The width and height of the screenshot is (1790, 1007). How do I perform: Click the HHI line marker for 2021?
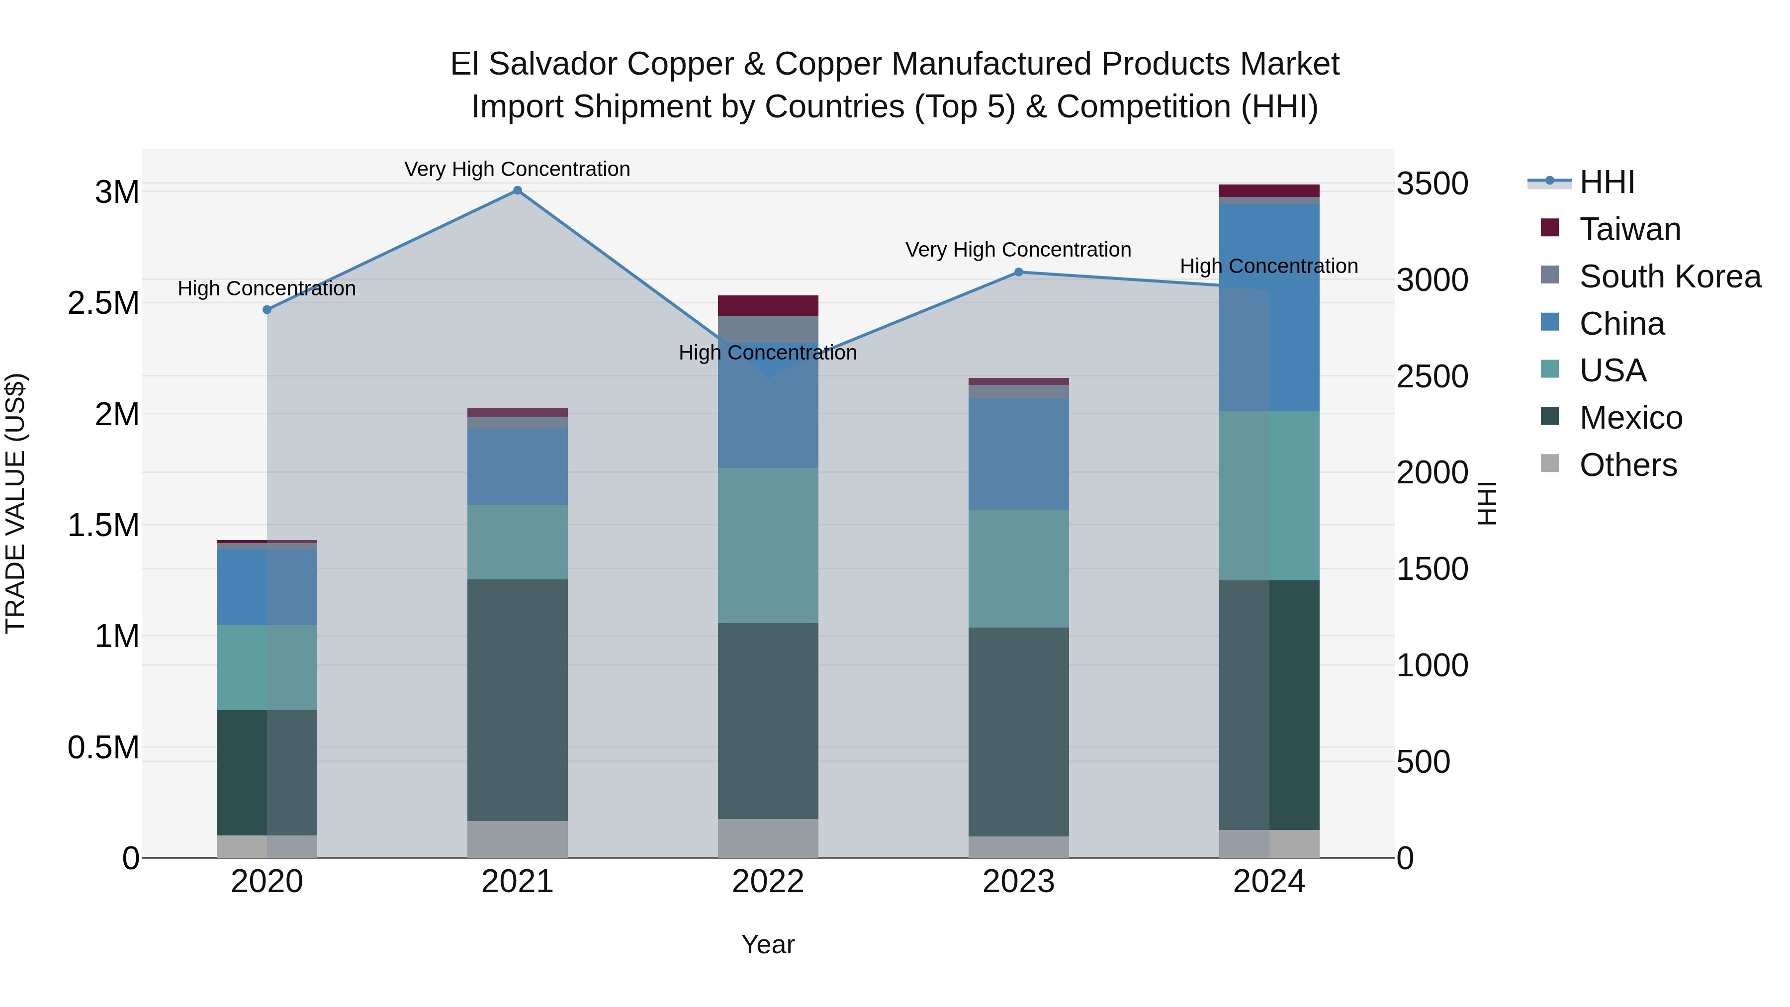point(517,190)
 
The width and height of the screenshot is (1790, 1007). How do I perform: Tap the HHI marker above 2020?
point(267,310)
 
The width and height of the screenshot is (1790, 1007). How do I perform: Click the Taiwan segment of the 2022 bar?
point(768,306)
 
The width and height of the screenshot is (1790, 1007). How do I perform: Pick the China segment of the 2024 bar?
point(1269,307)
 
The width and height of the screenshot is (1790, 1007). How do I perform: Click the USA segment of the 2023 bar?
point(1019,568)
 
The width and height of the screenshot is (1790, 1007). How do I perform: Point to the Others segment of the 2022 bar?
point(768,838)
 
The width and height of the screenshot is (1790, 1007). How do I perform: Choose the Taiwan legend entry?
point(1629,229)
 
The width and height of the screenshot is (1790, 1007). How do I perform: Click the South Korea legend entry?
point(1670,276)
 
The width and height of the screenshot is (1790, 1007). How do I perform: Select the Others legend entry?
point(1627,465)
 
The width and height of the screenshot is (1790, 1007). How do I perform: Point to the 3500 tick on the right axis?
point(1432,184)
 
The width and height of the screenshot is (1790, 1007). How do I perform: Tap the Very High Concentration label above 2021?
point(517,170)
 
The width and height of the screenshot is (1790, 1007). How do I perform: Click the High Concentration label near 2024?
point(1269,266)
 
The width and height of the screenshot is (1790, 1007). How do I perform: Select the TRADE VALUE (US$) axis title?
point(15,503)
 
